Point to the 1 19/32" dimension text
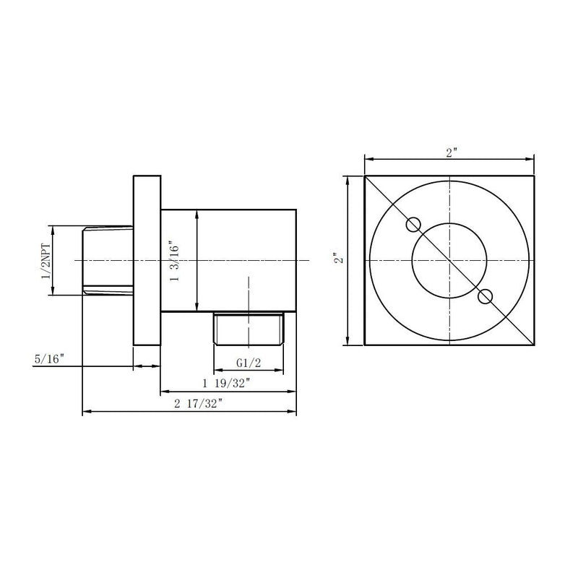225,384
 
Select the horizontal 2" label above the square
451,152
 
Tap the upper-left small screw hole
413,225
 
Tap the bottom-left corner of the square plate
364,345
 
